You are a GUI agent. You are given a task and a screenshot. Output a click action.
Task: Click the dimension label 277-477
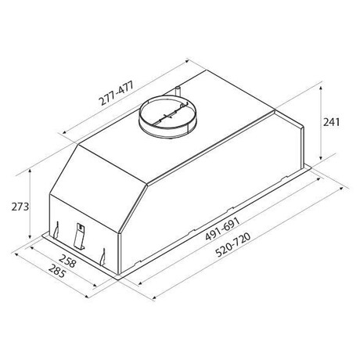(116, 93)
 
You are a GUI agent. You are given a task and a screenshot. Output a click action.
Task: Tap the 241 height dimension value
(331, 122)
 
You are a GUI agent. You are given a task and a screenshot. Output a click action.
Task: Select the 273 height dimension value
(20, 207)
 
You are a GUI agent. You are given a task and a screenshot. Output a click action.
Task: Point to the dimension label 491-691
(222, 229)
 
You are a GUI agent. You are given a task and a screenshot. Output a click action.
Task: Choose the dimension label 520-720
(233, 244)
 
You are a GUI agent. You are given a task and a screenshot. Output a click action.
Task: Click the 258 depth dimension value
(67, 261)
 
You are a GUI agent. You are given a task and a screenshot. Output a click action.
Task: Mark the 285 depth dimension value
(57, 271)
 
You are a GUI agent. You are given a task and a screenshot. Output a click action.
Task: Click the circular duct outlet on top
(168, 116)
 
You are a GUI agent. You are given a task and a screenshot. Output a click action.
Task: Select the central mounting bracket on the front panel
(80, 236)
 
